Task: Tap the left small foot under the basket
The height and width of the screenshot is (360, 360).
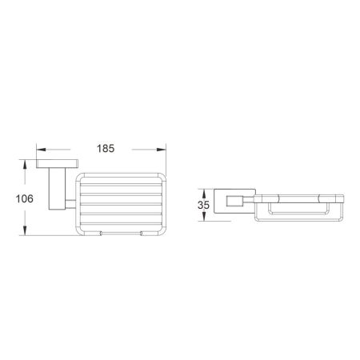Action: (x=102, y=234)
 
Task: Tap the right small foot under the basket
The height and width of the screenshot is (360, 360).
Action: (x=142, y=234)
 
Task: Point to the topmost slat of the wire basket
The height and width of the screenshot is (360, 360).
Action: (x=119, y=181)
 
